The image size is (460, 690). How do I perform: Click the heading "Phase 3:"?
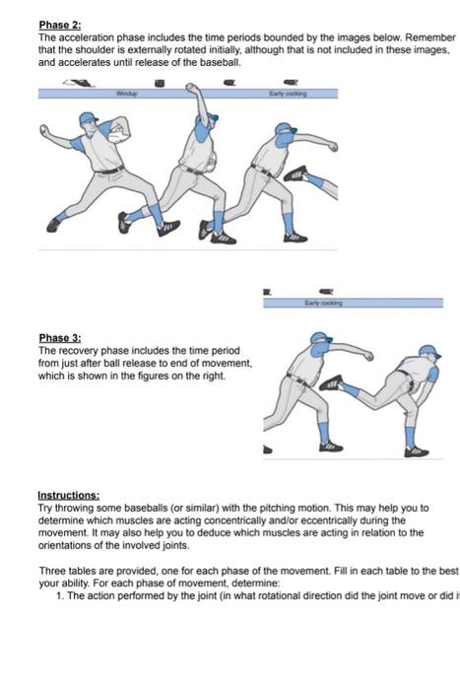[x=57, y=337]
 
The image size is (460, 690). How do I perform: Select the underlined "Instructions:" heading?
[x=69, y=495]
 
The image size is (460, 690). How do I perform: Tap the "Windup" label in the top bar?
[x=125, y=93]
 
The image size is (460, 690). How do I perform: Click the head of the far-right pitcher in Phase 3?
[x=427, y=353]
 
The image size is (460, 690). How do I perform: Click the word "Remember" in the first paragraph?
[x=429, y=35]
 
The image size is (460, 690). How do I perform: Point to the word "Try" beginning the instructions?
[x=45, y=507]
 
